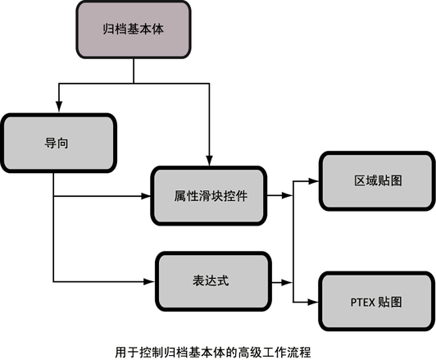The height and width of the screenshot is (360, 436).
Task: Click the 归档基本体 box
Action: (134, 30)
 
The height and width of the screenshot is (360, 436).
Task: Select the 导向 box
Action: (59, 143)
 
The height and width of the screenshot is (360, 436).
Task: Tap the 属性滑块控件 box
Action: (209, 196)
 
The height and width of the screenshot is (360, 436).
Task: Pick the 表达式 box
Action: (213, 281)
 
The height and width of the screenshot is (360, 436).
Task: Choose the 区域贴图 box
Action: (377, 181)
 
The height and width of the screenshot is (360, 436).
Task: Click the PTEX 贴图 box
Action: (377, 302)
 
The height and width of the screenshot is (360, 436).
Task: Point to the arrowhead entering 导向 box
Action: (59, 107)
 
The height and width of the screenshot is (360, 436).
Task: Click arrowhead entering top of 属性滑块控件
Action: (209, 161)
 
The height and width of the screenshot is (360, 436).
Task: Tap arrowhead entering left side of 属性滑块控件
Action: (145, 196)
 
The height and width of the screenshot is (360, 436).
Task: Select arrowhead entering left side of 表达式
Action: (149, 281)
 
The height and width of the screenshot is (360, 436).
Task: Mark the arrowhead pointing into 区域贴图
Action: (313, 181)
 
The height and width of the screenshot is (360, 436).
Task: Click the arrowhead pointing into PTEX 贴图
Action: (313, 302)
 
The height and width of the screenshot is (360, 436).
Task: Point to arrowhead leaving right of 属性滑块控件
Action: (287, 195)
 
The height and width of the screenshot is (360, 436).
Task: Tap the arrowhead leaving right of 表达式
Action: (287, 283)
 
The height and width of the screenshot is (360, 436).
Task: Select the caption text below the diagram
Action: (213, 353)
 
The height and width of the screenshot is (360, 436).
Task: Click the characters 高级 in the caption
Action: (250, 353)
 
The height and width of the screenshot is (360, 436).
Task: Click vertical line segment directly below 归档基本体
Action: (134, 71)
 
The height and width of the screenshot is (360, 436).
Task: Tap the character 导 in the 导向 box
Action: (50, 143)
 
